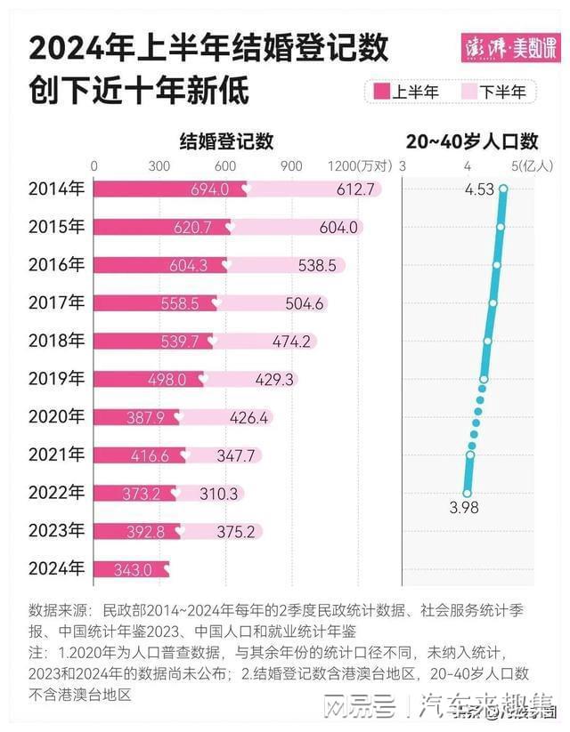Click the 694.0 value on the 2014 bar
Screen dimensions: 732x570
210,189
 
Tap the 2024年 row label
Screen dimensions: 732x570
57,568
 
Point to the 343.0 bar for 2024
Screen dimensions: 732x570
133,569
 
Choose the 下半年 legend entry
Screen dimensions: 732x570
493,91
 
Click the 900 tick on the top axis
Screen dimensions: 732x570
290,166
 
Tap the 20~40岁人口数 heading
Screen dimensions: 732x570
472,141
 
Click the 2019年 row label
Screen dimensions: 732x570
57,379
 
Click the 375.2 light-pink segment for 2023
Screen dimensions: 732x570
235,531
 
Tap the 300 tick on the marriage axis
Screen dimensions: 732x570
159,166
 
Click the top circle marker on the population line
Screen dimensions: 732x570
503,189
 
